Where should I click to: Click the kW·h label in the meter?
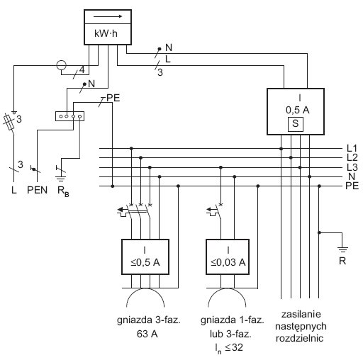coord(106,33)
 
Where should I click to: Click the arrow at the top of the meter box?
coord(108,16)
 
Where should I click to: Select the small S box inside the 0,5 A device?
coord(296,124)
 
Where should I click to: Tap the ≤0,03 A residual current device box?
coord(228,257)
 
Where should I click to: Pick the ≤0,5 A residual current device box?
coord(145,257)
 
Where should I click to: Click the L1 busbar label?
coord(352,148)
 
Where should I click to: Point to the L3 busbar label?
coord(352,167)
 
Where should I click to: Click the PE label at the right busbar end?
coord(352,186)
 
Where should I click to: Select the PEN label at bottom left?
coord(37,190)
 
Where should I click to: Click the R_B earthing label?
coord(63,191)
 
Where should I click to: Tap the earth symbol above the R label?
coord(342,250)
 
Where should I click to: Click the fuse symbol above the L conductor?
coord(10,122)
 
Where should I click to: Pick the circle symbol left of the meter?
coord(62,65)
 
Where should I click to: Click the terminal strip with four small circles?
coord(69,116)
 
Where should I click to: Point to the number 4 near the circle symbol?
coord(82,70)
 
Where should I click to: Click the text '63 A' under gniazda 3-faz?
coord(147,334)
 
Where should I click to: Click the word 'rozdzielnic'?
coord(299,338)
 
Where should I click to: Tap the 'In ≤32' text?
coord(229,348)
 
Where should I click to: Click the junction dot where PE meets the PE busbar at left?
coord(113,186)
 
